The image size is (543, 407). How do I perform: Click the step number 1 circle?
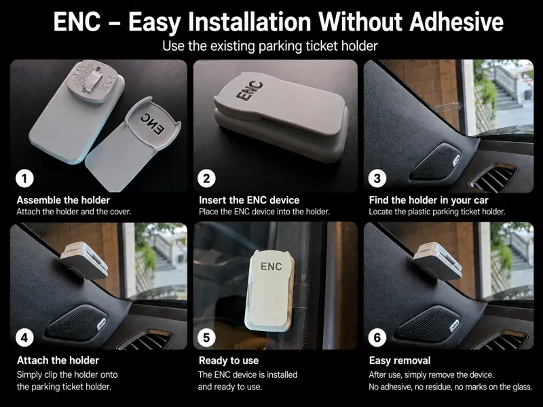[24, 178]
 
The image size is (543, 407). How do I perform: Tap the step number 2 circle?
[206, 178]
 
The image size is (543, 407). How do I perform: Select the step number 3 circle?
[377, 178]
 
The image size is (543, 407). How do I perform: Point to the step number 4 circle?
[24, 337]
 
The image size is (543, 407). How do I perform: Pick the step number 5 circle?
[206, 337]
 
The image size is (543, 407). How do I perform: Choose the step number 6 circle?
[377, 337]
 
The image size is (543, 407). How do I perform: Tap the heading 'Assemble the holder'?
[63, 200]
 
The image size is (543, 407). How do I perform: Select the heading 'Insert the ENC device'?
[249, 200]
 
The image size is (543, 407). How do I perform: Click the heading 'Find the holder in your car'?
[429, 200]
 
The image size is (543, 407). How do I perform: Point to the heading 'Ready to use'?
[229, 361]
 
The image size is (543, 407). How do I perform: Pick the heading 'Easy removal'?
[400, 361]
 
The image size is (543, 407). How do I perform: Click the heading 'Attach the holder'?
[58, 360]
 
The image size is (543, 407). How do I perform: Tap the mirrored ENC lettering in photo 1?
[153, 123]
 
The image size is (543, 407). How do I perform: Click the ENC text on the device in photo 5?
[271, 266]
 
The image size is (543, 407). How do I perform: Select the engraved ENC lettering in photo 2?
[249, 91]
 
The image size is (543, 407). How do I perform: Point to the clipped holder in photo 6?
[438, 261]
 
